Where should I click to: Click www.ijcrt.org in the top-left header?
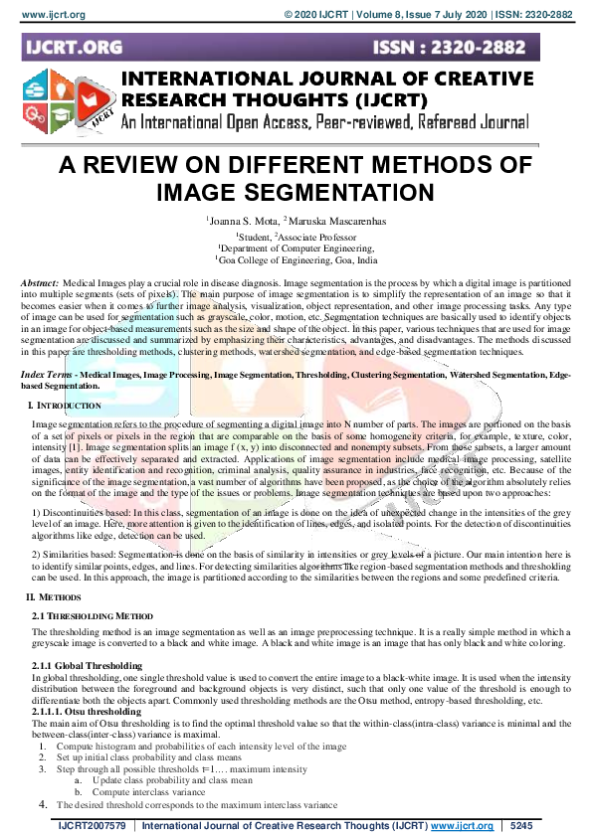point(46,14)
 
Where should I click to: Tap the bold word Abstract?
point(39,284)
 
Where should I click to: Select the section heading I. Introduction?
point(67,378)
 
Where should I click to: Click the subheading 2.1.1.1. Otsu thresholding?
point(87,711)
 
